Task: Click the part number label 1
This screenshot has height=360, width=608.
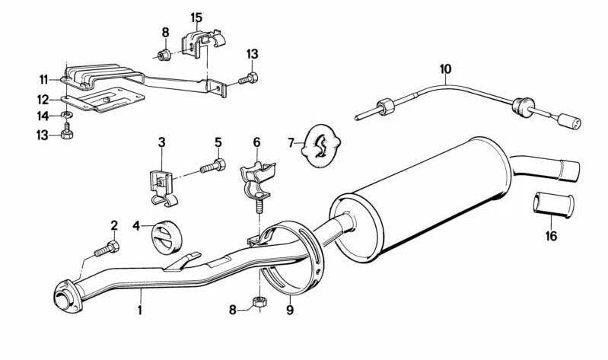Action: click(x=139, y=311)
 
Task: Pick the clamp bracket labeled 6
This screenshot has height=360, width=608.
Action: click(x=259, y=181)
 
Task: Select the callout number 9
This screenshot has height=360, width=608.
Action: click(x=289, y=311)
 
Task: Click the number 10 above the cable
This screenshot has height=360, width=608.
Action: click(x=446, y=70)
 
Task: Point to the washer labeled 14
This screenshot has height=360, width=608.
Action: click(x=66, y=116)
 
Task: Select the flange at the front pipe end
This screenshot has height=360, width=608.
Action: click(x=63, y=294)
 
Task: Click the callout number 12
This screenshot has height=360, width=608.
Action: click(x=43, y=99)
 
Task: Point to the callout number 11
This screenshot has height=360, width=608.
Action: click(x=43, y=78)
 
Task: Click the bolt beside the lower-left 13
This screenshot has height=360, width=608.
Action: click(x=68, y=135)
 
